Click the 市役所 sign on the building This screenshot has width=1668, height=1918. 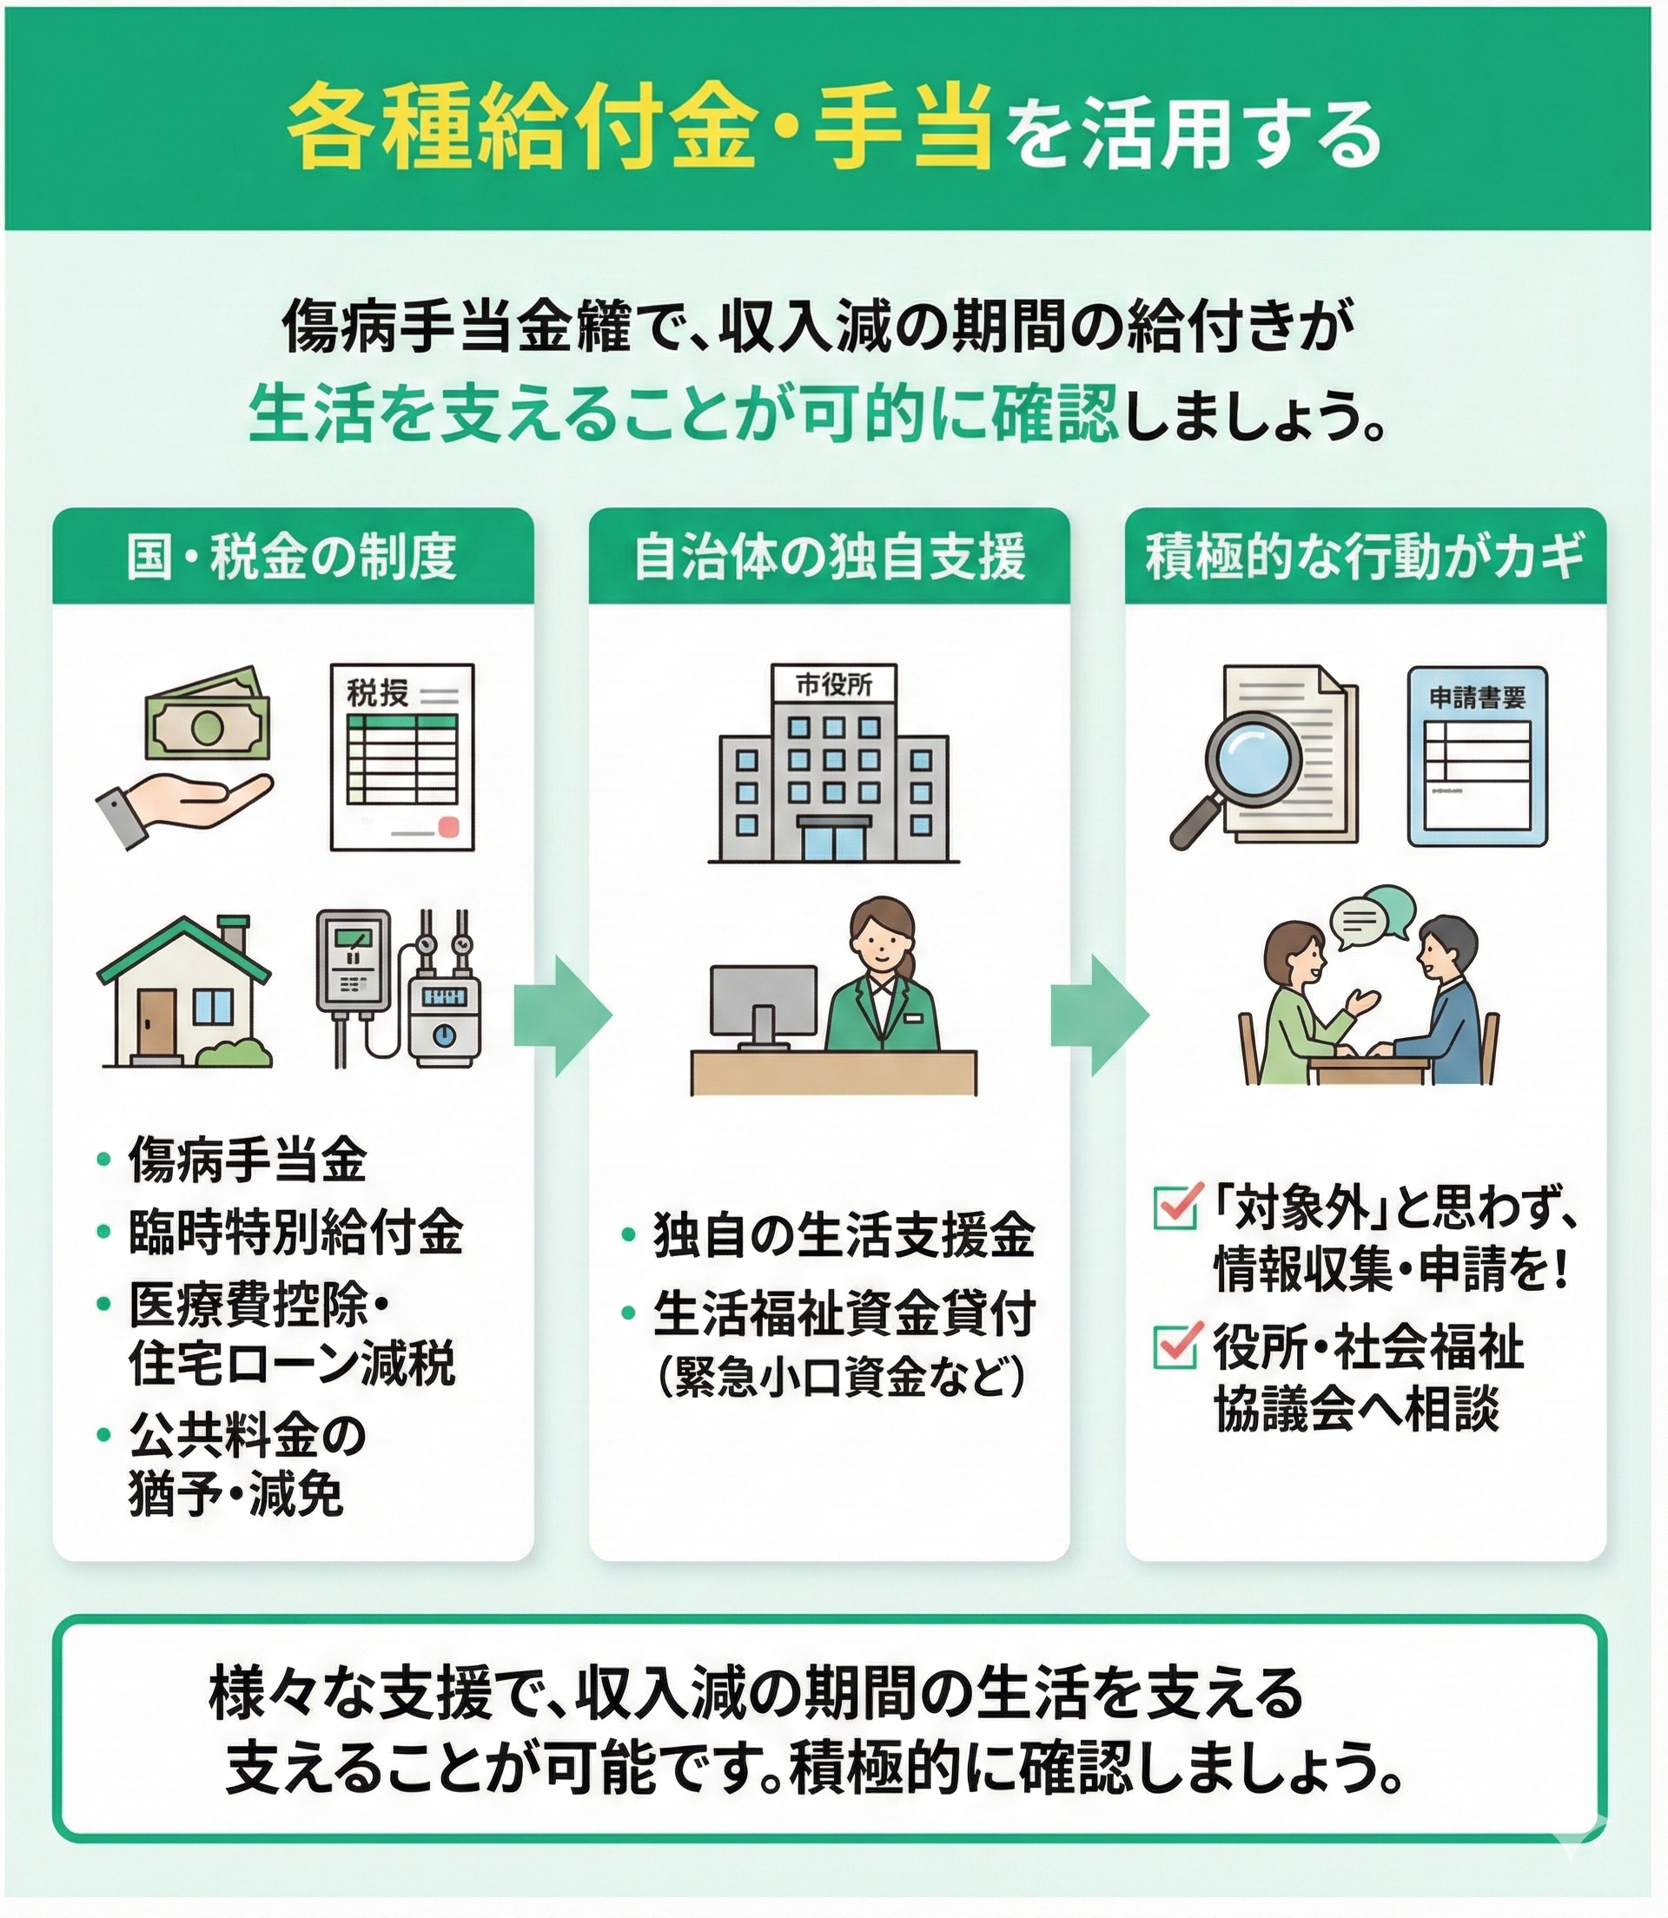point(833,685)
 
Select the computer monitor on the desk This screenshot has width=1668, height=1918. point(763,1003)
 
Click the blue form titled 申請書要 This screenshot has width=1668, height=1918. point(1477,755)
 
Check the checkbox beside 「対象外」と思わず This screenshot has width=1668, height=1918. point(1174,1207)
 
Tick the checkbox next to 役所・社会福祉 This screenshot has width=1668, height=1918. point(1174,1345)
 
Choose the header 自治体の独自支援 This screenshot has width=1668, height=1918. point(830,558)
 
